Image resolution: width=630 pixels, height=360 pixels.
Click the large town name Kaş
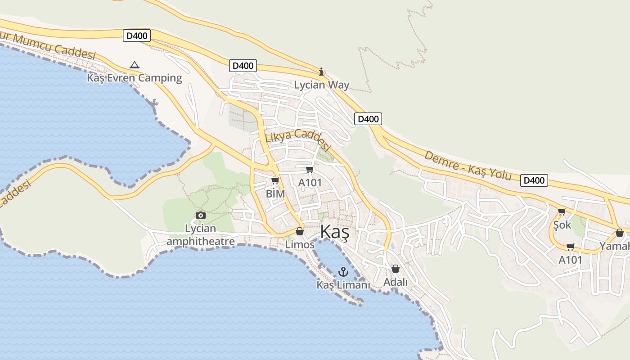tap(334, 232)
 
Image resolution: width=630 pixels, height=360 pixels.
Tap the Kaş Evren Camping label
tap(135, 78)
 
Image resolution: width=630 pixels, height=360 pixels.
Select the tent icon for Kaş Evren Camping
tap(134, 65)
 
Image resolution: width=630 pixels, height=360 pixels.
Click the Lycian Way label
tap(321, 85)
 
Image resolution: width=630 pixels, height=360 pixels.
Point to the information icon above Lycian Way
tap(321, 72)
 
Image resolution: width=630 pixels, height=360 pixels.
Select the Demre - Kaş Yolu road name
tap(468, 165)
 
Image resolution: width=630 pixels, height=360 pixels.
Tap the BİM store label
tap(275, 193)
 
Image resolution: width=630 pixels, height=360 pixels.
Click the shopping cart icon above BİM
tap(275, 181)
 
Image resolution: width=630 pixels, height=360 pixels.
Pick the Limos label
tap(300, 244)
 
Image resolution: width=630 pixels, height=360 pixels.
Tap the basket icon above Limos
tap(300, 231)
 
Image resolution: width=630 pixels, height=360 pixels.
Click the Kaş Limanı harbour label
tap(343, 285)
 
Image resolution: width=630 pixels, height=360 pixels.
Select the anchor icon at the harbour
tap(343, 272)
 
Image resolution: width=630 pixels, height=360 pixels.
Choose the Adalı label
tap(395, 282)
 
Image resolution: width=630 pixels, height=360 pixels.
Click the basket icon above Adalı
tap(396, 269)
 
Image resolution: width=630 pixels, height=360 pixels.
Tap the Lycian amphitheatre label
tap(201, 235)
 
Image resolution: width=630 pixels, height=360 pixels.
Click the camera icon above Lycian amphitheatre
tap(201, 216)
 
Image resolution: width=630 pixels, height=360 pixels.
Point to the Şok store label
tap(562, 225)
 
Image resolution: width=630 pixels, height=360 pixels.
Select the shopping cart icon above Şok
tap(562, 211)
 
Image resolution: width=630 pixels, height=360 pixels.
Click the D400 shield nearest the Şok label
tap(534, 180)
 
